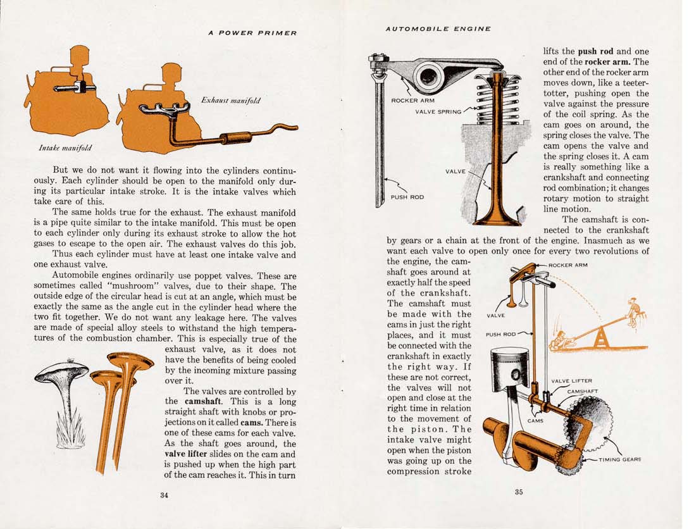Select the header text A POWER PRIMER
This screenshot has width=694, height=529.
coord(252,33)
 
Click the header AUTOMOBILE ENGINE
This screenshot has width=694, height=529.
coord(438,28)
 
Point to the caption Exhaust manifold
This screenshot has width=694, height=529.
coord(230,101)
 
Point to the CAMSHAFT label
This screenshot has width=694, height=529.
coord(582,392)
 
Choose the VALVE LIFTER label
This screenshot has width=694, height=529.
coord(571,381)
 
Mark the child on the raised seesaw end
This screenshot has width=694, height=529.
coord(634,310)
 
